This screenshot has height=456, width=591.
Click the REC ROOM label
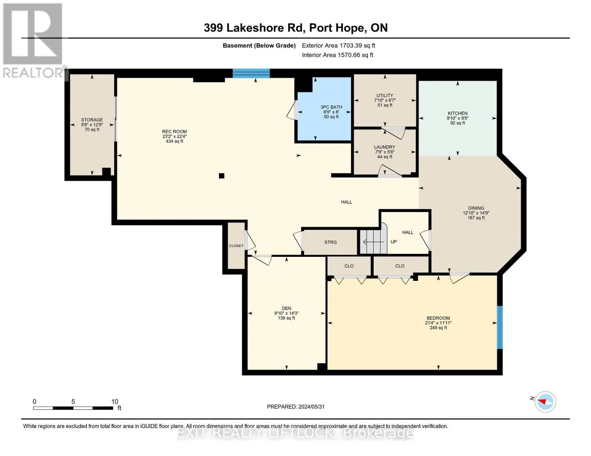pyautogui.click(x=174, y=136)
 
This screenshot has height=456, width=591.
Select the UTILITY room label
pyautogui.click(x=385, y=100)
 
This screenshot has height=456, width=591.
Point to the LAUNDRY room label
pyautogui.click(x=385, y=152)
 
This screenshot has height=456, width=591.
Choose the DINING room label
pyautogui.click(x=476, y=213)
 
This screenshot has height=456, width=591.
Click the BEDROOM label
pyautogui.click(x=438, y=323)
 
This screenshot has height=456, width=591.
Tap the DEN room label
pyautogui.click(x=286, y=313)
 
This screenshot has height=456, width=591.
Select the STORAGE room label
pyautogui.click(x=92, y=124)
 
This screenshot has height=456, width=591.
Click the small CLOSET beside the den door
pyautogui.click(x=236, y=246)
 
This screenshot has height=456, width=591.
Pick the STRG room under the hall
pyautogui.click(x=330, y=242)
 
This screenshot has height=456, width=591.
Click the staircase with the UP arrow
pyautogui.click(x=374, y=242)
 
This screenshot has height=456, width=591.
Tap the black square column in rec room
pyautogui.click(x=221, y=176)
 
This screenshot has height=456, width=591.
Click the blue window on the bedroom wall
pyautogui.click(x=500, y=327)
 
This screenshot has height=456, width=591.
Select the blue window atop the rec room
pyautogui.click(x=251, y=73)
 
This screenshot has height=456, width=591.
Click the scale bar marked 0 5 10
pyautogui.click(x=73, y=408)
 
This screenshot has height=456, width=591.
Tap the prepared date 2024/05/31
pyautogui.click(x=296, y=407)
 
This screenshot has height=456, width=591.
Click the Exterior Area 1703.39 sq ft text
pyautogui.click(x=338, y=45)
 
